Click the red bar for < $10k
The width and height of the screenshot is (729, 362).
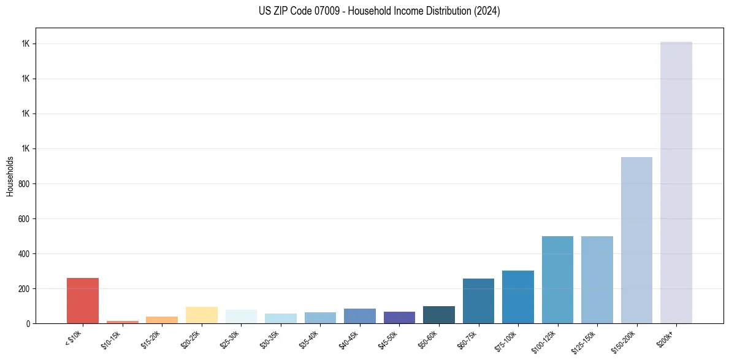coord(83,301)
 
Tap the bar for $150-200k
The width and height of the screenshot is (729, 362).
coord(636,240)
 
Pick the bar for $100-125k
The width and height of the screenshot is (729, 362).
coord(557,280)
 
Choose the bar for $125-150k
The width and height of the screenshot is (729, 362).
coord(597,280)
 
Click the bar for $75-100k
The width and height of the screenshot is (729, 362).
coord(517,297)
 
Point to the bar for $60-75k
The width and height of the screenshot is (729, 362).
coord(478,301)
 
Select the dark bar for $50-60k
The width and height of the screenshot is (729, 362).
coord(438,315)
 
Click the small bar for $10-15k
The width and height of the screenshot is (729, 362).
coord(122,322)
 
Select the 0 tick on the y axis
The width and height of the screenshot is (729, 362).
coord(28,323)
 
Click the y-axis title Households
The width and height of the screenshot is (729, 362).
coord(10,176)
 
